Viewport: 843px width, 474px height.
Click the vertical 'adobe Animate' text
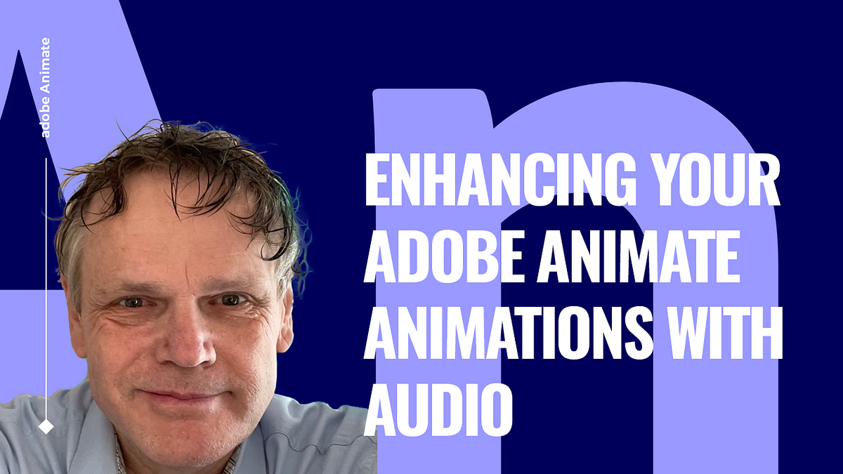point(46,87)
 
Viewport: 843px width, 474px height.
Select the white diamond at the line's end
point(46,426)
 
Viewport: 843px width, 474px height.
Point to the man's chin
point(186,435)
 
